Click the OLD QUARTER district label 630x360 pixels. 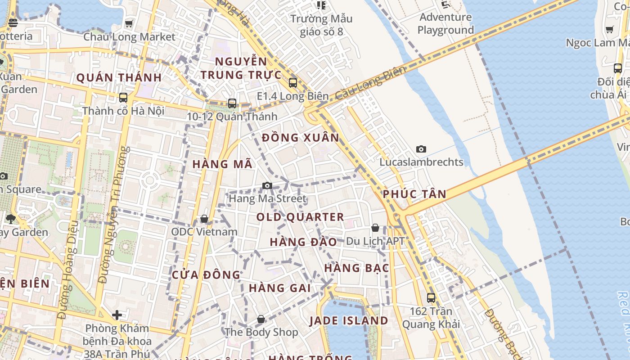[x=300, y=217]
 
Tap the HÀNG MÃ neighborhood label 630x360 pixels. [x=222, y=164]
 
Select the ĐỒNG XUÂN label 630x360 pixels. [x=301, y=138]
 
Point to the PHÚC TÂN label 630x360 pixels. [x=414, y=194]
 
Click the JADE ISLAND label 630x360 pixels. [x=349, y=321]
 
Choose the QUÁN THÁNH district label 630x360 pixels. [x=119, y=78]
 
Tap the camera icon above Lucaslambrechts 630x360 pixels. [x=421, y=149]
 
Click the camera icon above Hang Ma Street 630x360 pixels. [x=267, y=185]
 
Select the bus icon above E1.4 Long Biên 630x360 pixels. [x=293, y=83]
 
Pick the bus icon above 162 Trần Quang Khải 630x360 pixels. [x=431, y=297]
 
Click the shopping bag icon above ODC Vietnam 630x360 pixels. [x=204, y=219]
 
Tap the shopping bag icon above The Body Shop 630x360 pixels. [x=261, y=319]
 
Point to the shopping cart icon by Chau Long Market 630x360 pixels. [x=129, y=23]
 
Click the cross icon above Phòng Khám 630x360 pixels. [x=117, y=315]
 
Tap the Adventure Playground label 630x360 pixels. [x=445, y=24]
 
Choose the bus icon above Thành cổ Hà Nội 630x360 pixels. [x=123, y=97]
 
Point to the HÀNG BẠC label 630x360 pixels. [x=356, y=268]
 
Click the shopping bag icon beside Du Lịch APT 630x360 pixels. [x=375, y=228]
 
